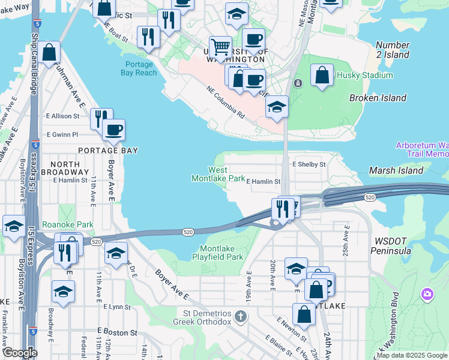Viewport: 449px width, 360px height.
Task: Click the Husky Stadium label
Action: pos(364,75)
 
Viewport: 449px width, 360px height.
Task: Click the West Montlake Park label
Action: pos(218,174)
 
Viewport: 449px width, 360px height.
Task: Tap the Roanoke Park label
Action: pos(68,224)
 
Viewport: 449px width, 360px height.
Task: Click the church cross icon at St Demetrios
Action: pos(240,316)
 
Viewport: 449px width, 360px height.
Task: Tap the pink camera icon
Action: pos(427,294)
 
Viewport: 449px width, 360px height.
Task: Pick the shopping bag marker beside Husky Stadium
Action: pos(322,75)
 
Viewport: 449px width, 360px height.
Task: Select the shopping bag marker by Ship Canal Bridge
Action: pos(51,52)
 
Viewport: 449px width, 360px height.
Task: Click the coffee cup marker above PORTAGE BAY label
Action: pos(113,128)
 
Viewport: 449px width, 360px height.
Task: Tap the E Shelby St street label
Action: pos(309,164)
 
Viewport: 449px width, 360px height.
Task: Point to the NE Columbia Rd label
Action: pos(226,101)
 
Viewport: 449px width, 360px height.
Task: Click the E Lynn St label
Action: pos(116,307)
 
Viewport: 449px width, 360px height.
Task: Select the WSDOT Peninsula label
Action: pos(393,245)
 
